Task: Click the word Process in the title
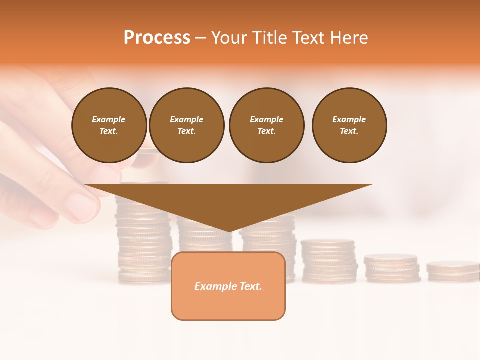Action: click(x=157, y=38)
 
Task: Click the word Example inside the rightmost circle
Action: click(x=349, y=119)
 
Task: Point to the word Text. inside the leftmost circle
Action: click(x=109, y=131)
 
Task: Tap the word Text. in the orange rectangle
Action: click(x=250, y=286)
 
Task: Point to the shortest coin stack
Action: click(x=453, y=271)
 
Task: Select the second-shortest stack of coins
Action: click(x=392, y=268)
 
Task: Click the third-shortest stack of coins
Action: click(x=329, y=261)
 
